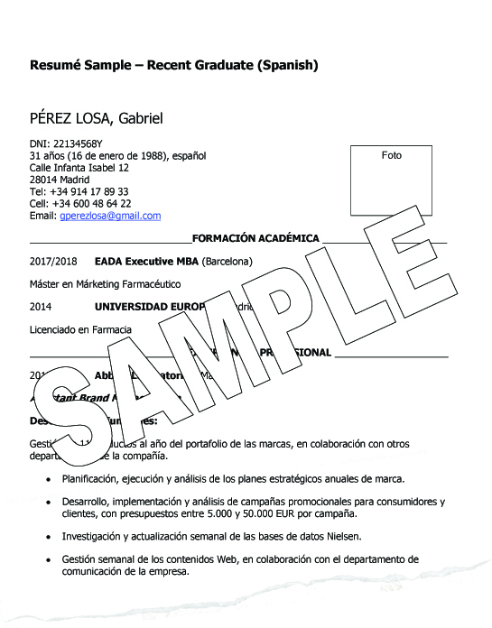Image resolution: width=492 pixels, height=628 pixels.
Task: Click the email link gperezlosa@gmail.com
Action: [x=110, y=216]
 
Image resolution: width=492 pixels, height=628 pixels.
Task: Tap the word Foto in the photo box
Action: [x=392, y=155]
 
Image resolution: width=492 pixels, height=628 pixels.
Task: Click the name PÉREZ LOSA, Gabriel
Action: [x=96, y=119]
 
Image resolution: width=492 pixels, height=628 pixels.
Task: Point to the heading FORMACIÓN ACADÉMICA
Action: [x=255, y=238]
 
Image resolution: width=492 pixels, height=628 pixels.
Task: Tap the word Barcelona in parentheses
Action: [x=227, y=262]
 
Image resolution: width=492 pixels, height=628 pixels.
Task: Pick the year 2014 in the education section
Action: [x=41, y=306]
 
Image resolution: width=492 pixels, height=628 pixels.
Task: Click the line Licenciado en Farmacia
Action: [x=80, y=329]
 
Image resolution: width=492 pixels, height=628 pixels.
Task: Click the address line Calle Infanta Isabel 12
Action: [x=79, y=168]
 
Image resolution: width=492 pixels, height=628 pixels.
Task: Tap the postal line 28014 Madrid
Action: [x=60, y=180]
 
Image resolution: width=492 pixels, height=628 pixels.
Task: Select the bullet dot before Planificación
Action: [x=48, y=479]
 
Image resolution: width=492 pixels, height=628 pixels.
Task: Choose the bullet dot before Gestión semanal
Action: [x=48, y=559]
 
